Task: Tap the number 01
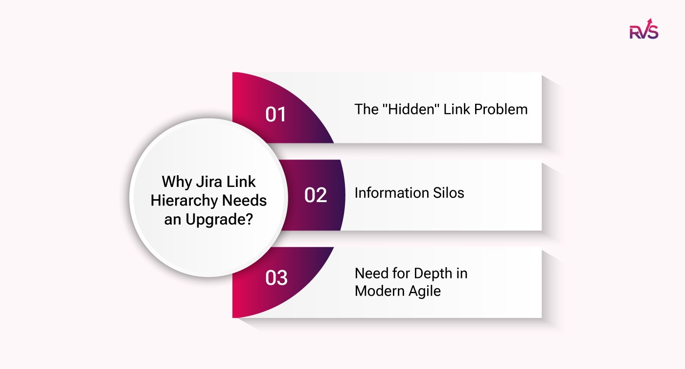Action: [x=275, y=114]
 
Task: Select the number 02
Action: [x=315, y=195]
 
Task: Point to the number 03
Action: [x=276, y=277]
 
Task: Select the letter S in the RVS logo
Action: [x=653, y=32]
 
